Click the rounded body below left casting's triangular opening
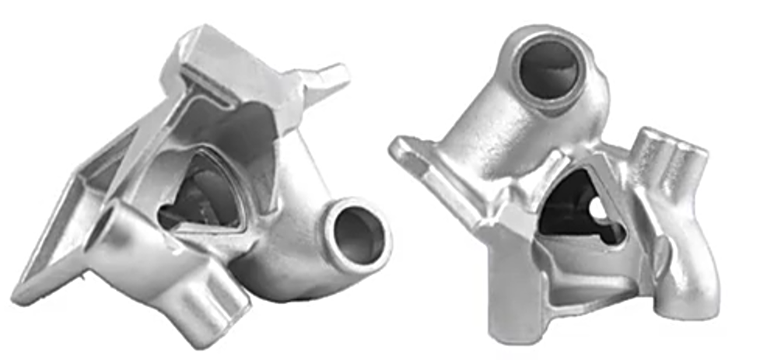pyautogui.click(x=280, y=264)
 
